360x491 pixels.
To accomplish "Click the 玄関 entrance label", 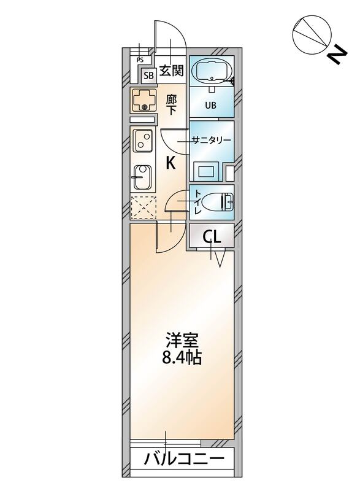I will [172, 71].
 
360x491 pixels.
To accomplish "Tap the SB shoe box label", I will [148, 76].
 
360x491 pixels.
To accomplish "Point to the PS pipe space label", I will [140, 60].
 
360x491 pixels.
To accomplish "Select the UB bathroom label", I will [210, 105].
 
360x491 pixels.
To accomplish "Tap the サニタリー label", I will [212, 140].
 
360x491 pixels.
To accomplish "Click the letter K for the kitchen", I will [171, 163].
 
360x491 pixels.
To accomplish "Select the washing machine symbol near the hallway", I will [145, 100].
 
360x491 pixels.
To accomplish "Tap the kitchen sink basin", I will [142, 177].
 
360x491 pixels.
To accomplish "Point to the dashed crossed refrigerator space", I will [144, 207].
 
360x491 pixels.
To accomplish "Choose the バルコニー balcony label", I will [182, 458].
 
